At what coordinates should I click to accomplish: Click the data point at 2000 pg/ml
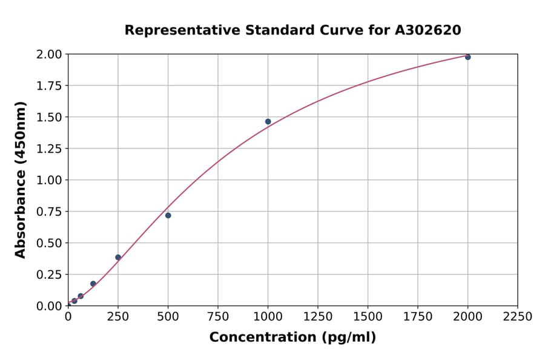467,57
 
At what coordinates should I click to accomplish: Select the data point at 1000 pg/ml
268,122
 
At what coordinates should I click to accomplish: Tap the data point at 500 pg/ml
168,215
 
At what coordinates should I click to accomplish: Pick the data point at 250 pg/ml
118,257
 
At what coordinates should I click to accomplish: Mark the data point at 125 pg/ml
93,284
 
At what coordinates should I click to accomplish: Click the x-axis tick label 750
218,317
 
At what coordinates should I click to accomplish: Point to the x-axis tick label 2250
517,317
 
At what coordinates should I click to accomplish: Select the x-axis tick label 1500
368,317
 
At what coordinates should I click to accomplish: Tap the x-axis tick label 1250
317,317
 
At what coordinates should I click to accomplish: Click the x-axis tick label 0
68,317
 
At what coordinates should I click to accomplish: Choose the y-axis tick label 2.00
48,55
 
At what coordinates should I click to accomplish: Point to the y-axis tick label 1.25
48,148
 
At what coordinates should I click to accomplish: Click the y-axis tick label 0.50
48,243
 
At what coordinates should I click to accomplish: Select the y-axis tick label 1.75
48,86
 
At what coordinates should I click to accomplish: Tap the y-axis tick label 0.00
48,306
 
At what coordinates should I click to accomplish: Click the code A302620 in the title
428,30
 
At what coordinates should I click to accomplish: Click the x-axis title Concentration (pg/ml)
292,338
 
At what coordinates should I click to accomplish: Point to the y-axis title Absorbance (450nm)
21,180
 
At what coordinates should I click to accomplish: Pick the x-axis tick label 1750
417,317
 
